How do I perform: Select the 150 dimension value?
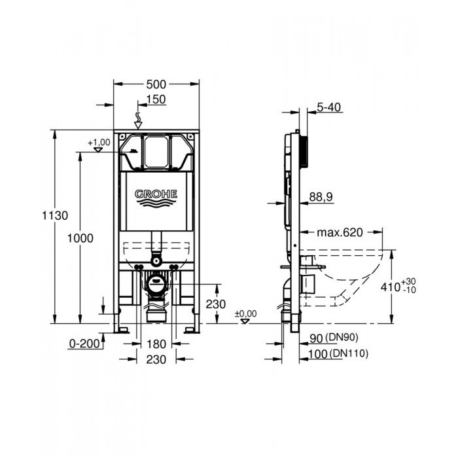point(156,99)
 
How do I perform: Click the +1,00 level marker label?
point(99,142)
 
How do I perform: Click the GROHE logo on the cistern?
point(156,195)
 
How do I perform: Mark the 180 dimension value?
point(156,343)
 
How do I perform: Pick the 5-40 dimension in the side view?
point(329,107)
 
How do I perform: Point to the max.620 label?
point(340,233)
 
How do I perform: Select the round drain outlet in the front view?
point(156,284)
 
